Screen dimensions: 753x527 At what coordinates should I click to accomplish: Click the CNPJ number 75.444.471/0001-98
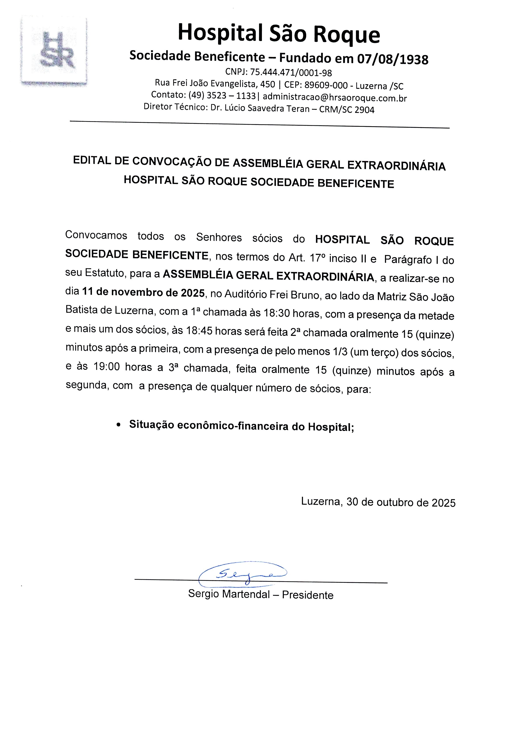291,73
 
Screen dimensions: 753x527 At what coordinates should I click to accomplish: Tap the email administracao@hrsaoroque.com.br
334,97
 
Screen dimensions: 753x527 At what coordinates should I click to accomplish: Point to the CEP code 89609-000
326,85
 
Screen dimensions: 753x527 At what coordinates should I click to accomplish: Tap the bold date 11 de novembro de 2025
144,292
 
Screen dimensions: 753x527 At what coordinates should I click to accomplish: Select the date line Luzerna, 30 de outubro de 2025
378,502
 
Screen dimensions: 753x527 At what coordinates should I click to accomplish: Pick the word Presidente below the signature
308,595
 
